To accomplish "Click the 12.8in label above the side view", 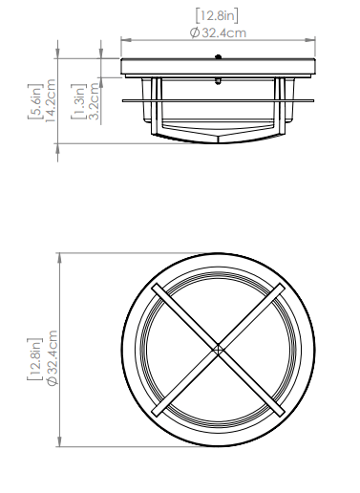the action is (x=217, y=16).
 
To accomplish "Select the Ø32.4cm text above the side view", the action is (x=218, y=32).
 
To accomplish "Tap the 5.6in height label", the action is (x=35, y=101).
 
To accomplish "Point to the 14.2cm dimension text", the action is (x=51, y=100).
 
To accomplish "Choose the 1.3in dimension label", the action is (x=78, y=101).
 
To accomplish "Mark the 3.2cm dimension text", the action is (x=94, y=101).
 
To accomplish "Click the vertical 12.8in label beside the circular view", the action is (x=35, y=359).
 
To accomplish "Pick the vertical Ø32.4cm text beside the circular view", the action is (x=52, y=357).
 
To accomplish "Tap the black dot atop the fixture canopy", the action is (x=218, y=57).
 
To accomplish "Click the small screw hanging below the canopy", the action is (x=218, y=81).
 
